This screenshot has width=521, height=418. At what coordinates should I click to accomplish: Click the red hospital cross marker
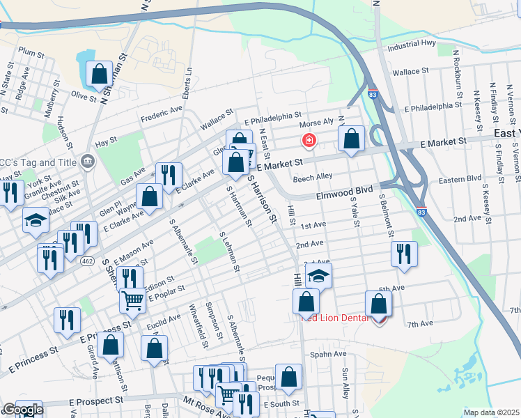pos(308,141)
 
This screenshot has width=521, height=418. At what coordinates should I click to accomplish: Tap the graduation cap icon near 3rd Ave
pos(318,275)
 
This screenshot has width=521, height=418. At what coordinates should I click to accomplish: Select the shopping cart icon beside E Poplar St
pos(132,300)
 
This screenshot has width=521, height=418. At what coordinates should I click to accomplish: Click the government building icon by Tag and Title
pos(86,162)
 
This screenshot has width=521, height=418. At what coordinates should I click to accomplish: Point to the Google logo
pos(23,410)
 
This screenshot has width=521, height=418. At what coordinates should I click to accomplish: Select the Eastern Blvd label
pos(460,181)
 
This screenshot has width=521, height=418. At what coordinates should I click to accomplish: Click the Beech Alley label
pos(313,178)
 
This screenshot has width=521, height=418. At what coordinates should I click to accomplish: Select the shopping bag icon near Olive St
pos(100,73)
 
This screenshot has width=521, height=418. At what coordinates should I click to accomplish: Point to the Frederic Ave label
pos(161,114)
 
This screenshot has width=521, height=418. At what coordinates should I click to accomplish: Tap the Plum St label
pos(31,52)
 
